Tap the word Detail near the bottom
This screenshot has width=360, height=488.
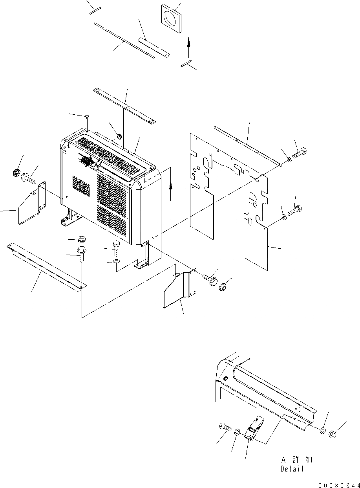tap(292, 469)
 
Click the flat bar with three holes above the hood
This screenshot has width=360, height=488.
tap(124, 106)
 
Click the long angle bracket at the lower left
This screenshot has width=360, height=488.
tap(45, 267)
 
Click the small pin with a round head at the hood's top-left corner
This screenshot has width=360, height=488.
tap(87, 116)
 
